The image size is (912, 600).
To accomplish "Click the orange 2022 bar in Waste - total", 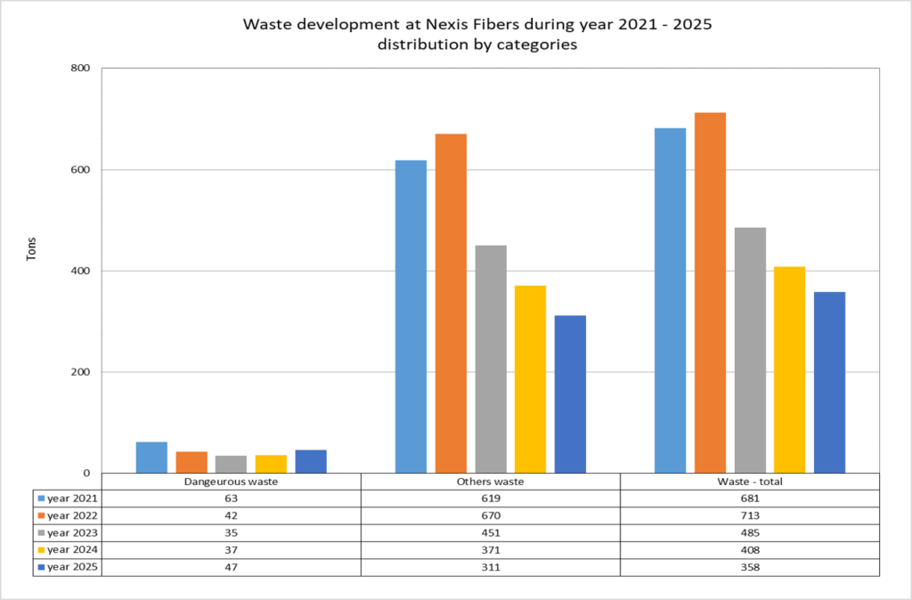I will [710, 293].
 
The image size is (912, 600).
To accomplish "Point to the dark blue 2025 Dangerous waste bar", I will [311, 462].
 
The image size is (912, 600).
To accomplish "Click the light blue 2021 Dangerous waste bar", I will [151, 458].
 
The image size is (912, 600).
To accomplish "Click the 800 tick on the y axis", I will [85, 69].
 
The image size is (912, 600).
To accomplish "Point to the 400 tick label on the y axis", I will [85, 271].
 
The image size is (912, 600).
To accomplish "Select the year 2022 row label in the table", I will [70, 515].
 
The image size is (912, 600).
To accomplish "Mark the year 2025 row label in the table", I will [70, 566].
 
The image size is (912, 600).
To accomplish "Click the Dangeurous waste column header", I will [232, 482].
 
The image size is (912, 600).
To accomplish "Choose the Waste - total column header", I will [750, 482].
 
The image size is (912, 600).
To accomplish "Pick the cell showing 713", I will [750, 515].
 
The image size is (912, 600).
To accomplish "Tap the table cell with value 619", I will [491, 499].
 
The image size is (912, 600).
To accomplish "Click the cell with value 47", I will [232, 566].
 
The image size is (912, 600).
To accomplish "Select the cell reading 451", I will [491, 532].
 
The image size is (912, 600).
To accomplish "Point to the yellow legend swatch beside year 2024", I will [40, 549].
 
